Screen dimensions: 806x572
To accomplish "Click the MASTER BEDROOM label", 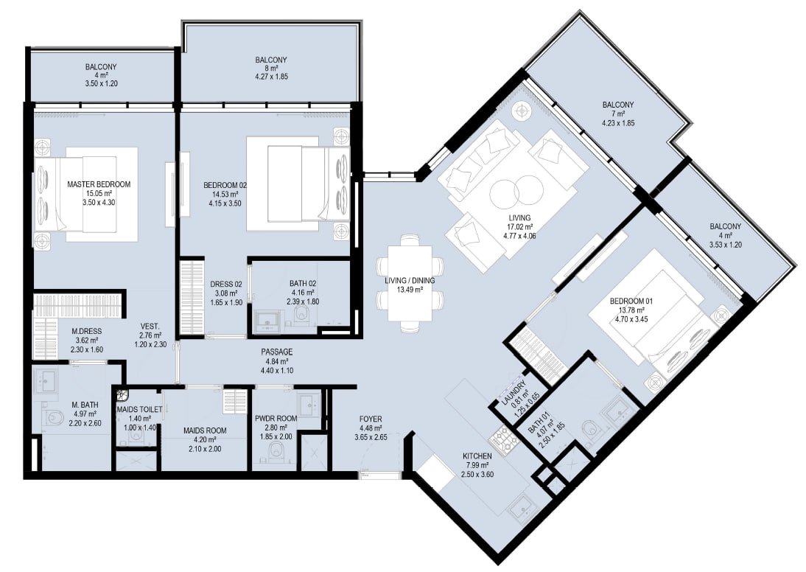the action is click(x=99, y=184).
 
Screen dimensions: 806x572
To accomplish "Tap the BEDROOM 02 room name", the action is click(x=225, y=185).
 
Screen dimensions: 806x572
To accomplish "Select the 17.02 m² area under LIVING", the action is click(x=519, y=227).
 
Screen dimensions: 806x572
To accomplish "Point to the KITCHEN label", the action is click(x=477, y=456).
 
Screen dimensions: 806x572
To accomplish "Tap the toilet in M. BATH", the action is click(x=53, y=418).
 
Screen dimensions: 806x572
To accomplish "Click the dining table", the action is click(x=410, y=282).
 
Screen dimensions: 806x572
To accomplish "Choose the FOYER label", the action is click(x=370, y=419).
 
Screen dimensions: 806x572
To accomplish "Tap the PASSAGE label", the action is click(x=276, y=352).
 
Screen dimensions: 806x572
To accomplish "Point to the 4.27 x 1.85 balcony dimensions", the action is click(x=271, y=77).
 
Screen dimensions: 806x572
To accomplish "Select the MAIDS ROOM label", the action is click(x=205, y=430).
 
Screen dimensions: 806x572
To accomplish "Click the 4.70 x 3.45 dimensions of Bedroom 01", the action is click(x=631, y=319).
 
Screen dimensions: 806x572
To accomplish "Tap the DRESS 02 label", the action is click(x=226, y=284).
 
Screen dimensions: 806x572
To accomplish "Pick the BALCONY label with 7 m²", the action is click(x=618, y=105).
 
